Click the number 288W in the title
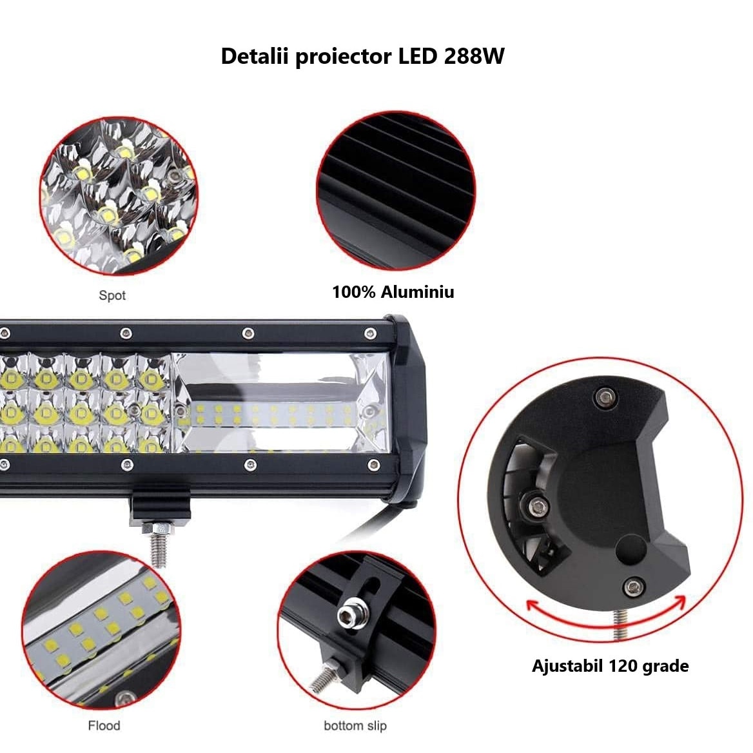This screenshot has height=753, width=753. pos(474,57)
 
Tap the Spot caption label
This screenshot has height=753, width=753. pos(112,295)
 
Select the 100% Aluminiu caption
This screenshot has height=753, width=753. pos(393,292)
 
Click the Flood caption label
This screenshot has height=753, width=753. pos(104,725)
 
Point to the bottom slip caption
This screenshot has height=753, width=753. pos(355,725)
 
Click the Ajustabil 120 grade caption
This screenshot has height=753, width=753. pos(610,665)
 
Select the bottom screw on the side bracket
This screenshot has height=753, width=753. pos(634,586)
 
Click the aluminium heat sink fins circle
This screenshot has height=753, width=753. pos(395,191)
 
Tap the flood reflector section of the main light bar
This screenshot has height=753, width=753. pos(280,404)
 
